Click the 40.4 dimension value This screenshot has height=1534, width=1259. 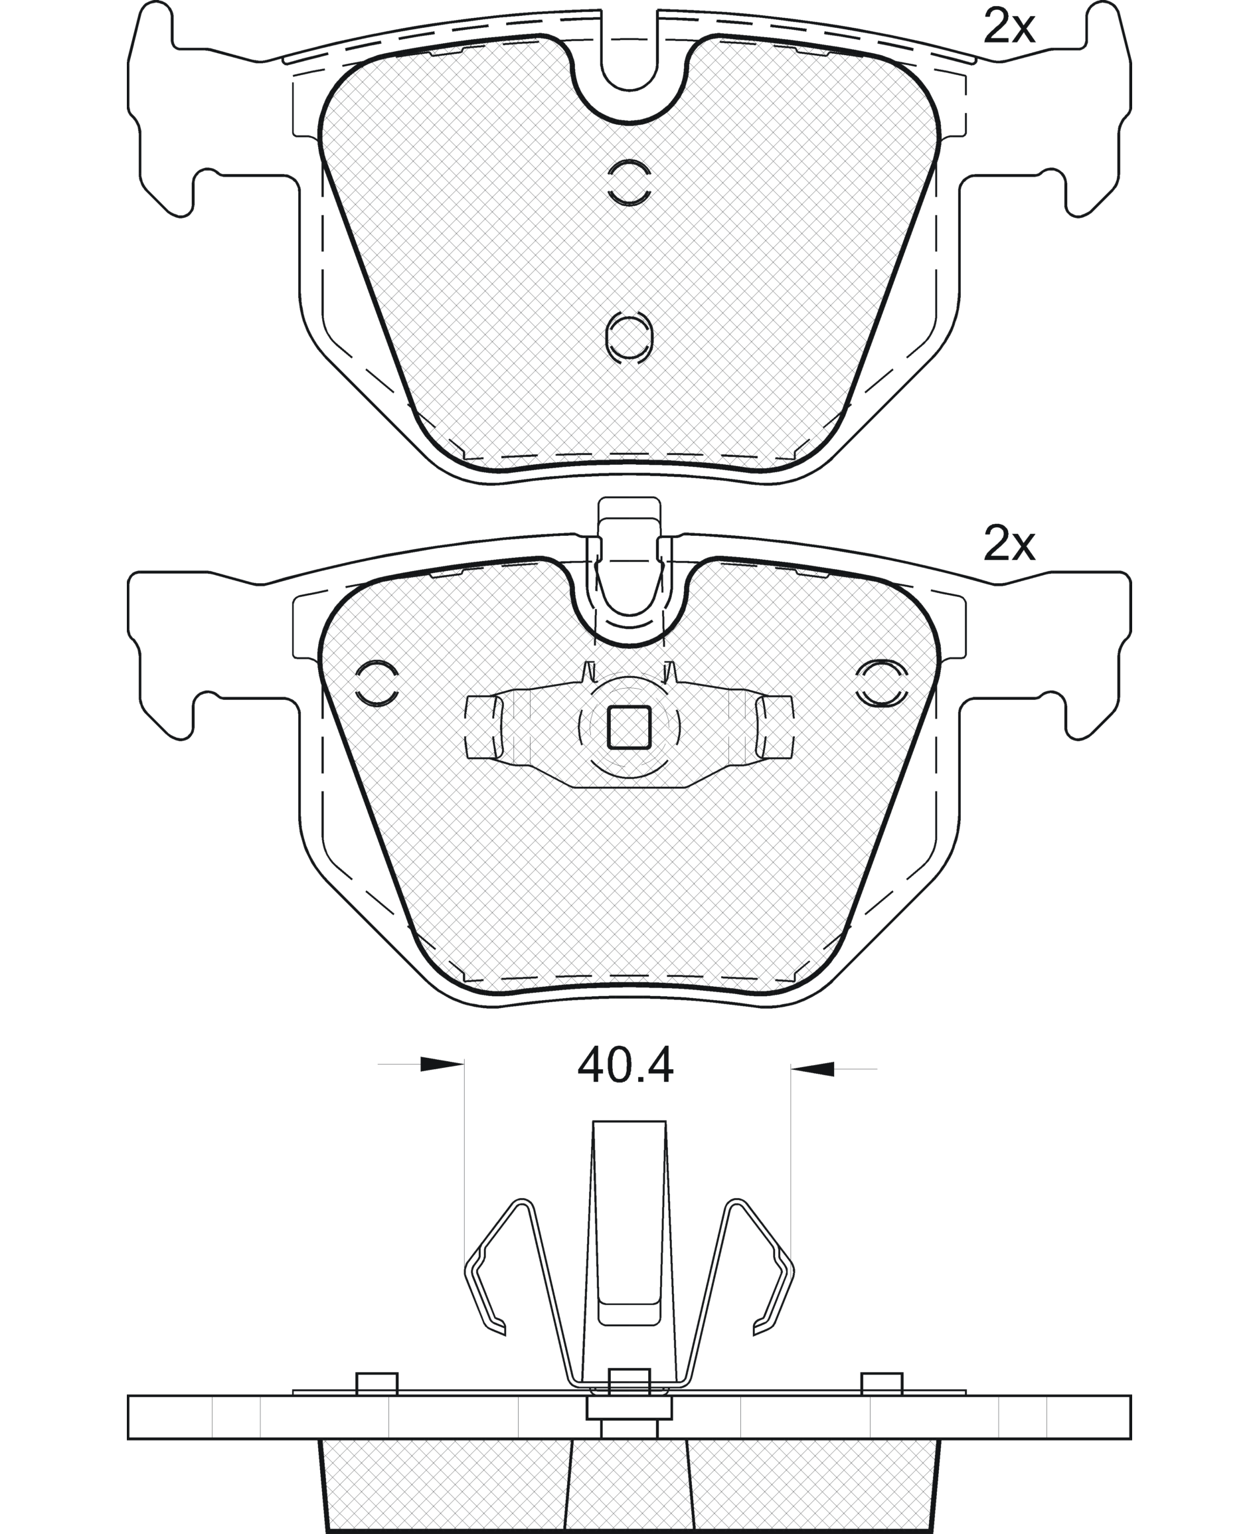625,1065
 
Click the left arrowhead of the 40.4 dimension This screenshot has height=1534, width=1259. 442,1064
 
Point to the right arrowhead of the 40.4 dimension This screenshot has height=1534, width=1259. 812,1068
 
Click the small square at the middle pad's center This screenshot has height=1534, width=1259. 629,727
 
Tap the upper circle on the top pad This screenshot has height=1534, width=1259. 629,181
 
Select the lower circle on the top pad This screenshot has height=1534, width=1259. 629,337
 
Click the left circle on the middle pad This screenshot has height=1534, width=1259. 377,683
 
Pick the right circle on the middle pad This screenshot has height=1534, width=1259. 881,683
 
